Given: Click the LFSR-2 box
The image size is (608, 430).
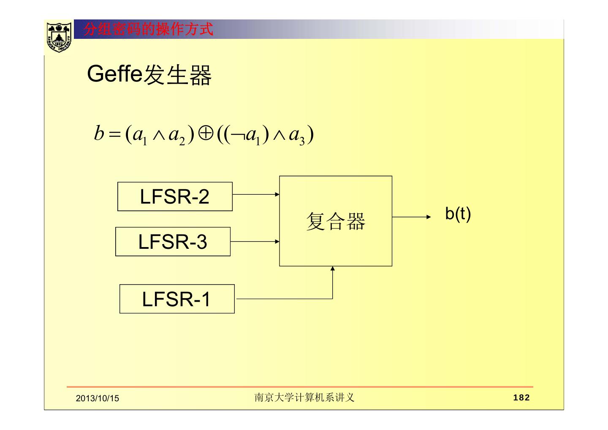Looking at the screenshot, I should [175, 196].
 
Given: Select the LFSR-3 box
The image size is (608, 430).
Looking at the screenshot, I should [173, 242].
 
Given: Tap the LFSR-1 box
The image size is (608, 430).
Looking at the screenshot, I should [176, 299].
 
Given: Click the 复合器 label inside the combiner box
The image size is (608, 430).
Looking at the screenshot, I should [336, 221].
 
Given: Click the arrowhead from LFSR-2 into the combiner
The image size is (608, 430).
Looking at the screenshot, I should [277, 195].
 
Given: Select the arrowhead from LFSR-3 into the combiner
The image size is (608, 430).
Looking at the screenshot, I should [277, 242].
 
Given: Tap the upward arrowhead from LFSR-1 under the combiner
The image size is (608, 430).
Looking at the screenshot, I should [332, 269].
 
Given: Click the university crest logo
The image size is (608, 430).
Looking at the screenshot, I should [59, 37].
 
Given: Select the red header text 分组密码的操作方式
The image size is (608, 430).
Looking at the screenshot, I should [148, 30].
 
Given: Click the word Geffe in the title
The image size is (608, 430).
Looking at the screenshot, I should [114, 74].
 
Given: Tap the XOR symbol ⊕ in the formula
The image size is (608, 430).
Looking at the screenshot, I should [206, 134].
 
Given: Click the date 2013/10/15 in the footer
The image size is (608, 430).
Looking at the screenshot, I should [98, 398].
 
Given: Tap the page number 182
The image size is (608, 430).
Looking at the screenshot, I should [521, 397].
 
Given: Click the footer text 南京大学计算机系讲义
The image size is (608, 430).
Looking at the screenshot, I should [304, 397].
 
